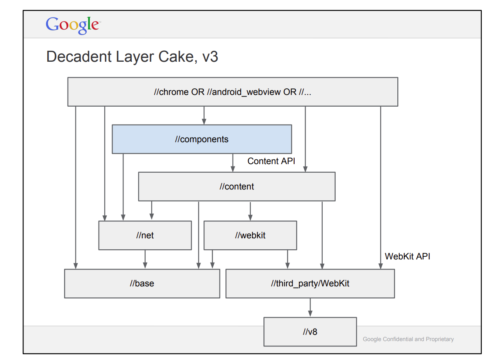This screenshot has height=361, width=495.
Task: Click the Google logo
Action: pos(73,25)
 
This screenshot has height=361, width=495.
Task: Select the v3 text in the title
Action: pos(210,57)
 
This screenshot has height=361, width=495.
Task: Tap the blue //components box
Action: pos(202,139)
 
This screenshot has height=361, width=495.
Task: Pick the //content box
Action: pos(236,186)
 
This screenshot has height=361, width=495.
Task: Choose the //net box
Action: pos(145,235)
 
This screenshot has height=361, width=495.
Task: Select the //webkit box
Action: pos(250,235)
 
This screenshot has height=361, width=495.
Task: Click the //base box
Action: pos(142,283)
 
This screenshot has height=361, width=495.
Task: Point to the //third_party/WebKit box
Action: pos(310,283)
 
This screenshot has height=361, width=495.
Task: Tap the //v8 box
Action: pos(310,332)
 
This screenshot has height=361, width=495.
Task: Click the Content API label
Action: pos(271,161)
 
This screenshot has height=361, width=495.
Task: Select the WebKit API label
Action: pos(407,256)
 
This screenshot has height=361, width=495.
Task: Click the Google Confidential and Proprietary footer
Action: pos(408,339)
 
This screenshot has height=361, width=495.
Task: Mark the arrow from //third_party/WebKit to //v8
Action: pos(310,307)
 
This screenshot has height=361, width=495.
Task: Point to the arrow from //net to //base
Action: pos(145,259)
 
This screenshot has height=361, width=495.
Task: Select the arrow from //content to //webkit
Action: pos(250,211)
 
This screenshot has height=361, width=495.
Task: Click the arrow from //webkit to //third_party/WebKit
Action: pos(288,259)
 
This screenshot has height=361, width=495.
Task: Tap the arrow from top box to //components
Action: pos(204,115)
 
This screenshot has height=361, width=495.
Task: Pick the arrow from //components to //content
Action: pos(233,163)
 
